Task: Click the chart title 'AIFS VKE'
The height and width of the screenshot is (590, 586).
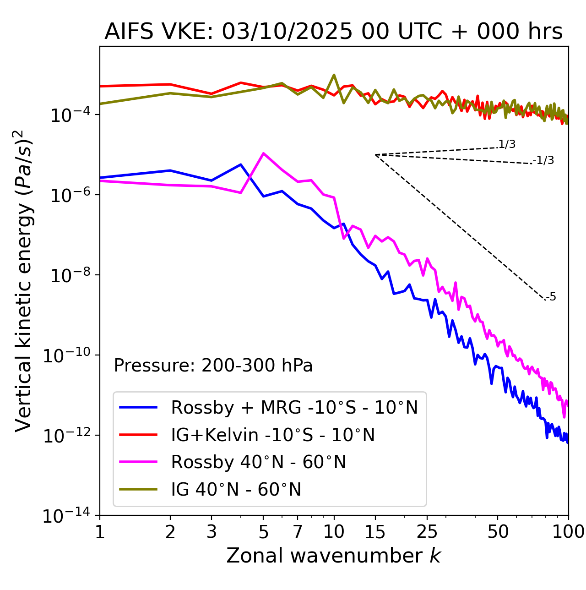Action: pos(333,32)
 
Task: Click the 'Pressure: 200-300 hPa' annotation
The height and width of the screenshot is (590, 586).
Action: pos(213,366)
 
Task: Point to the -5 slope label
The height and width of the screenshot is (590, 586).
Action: pos(551,297)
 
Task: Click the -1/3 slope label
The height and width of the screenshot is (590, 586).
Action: pos(543,160)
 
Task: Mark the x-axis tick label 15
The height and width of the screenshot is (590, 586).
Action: pos(375,532)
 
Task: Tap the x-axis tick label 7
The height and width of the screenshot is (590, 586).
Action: pos(298,532)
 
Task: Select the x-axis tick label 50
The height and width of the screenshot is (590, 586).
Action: pos(498,532)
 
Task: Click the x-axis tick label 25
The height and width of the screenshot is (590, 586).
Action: pos(427,532)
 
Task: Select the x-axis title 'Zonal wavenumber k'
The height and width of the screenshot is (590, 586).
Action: pos(333,556)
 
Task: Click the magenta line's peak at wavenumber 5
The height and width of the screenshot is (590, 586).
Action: pos(263,153)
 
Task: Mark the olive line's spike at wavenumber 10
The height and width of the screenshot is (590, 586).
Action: pos(334,75)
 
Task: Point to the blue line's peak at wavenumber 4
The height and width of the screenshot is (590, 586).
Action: pos(241,164)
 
